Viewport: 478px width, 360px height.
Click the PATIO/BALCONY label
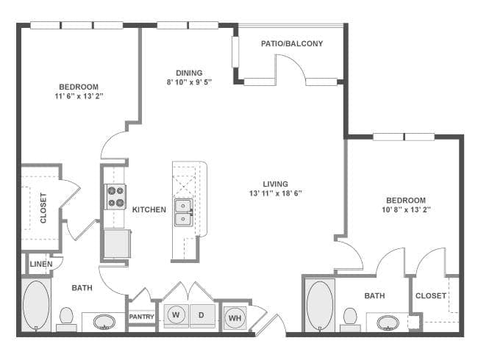coord(292,44)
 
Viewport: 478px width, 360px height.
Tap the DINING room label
coord(189,72)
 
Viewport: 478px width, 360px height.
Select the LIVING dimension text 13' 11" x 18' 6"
coord(276,193)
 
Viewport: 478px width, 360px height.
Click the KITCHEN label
coord(149,209)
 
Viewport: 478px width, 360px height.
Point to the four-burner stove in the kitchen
coord(115,195)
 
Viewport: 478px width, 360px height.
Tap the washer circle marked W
coord(176,315)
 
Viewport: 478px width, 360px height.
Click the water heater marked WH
coord(235,317)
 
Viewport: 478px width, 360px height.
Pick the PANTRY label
coord(140,317)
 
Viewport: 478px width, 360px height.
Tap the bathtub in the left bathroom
coord(36,305)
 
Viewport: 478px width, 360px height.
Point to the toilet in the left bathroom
coord(66,317)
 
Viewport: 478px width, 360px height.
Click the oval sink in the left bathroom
coord(104,321)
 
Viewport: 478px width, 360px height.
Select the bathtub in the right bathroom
coord(319,304)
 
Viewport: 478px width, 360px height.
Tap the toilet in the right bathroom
coord(350,317)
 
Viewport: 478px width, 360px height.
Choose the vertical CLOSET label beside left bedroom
coord(43,208)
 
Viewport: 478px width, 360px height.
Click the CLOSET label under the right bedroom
coord(430,295)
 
